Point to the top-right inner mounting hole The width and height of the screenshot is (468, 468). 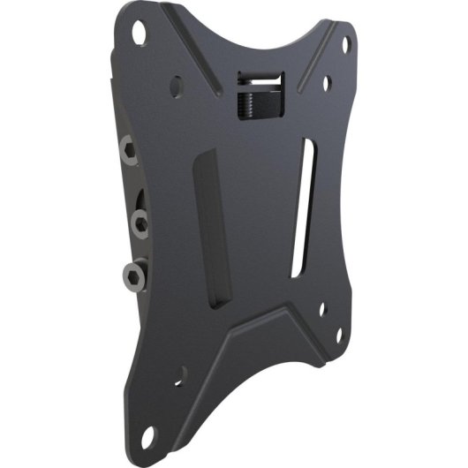pyautogui.click(x=328, y=86)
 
